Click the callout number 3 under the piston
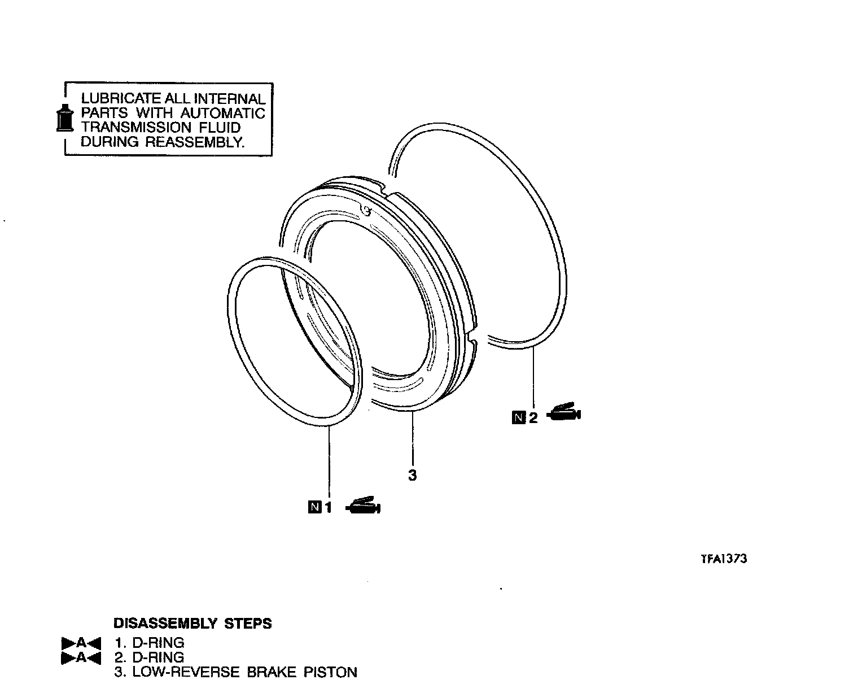pyautogui.click(x=412, y=475)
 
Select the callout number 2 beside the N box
pyautogui.click(x=533, y=417)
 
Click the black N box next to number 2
pyautogui.click(x=518, y=417)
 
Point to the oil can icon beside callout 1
pyautogui.click(x=364, y=506)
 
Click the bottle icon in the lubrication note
pyautogui.click(x=65, y=118)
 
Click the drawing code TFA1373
pyautogui.click(x=724, y=559)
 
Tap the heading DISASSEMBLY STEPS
pyautogui.click(x=192, y=624)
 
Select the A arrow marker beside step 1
pyautogui.click(x=81, y=643)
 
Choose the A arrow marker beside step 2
pyautogui.click(x=81, y=657)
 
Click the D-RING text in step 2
pyautogui.click(x=157, y=657)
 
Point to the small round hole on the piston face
pyautogui.click(x=366, y=211)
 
